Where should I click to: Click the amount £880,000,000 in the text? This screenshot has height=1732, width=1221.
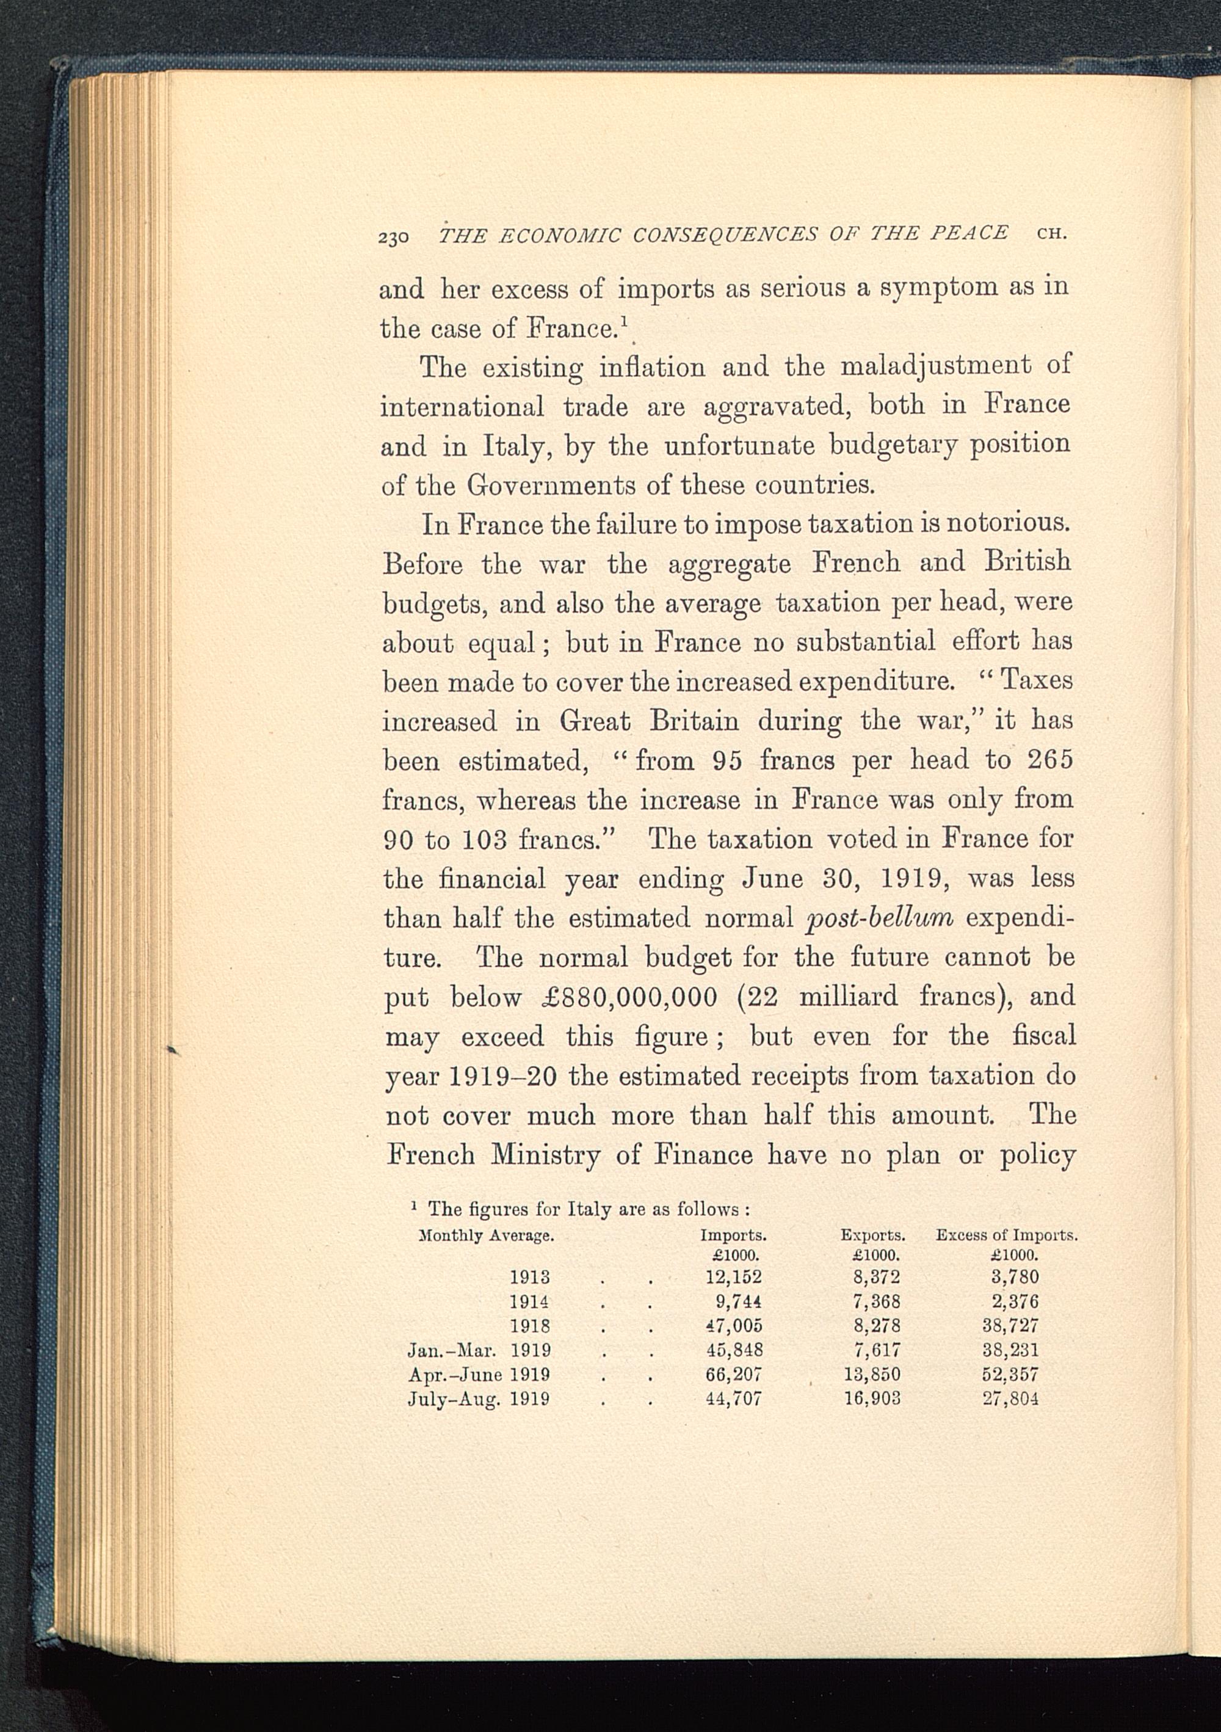pyautogui.click(x=629, y=997)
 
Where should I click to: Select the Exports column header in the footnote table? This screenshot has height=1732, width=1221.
pyautogui.click(x=872, y=1235)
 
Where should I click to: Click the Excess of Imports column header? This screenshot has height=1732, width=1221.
pyautogui.click(x=1006, y=1235)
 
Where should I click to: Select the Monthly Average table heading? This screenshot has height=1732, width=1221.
pyautogui.click(x=487, y=1235)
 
